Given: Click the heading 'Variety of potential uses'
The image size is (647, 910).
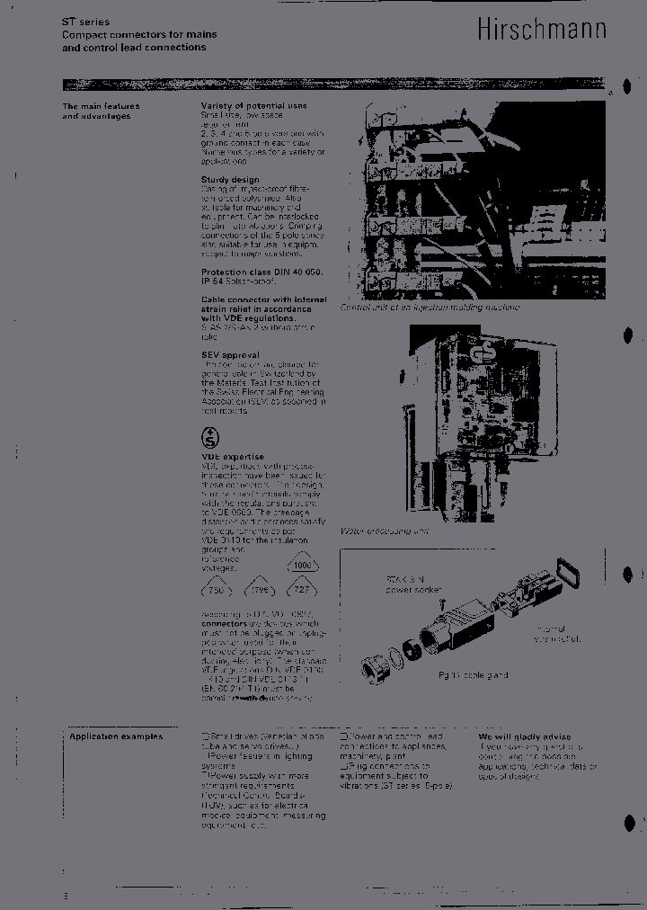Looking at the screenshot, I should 253,106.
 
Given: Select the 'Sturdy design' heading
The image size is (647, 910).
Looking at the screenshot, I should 230,180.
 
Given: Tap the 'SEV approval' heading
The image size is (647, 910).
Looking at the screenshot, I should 230,355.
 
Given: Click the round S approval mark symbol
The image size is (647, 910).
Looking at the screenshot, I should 209,438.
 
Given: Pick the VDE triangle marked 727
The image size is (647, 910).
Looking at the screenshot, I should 302,589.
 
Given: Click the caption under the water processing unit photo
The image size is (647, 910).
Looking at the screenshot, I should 384,531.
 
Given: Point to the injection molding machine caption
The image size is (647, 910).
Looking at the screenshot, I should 429,307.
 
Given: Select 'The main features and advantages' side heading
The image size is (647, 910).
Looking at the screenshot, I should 100,112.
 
